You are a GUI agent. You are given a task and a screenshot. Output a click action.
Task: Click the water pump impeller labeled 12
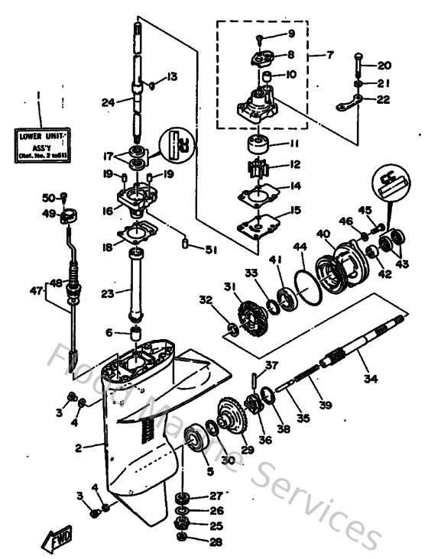tap(251, 164)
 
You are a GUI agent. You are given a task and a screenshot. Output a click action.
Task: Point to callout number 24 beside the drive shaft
tap(109, 102)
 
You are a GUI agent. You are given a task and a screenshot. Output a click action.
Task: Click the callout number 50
tap(47, 198)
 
